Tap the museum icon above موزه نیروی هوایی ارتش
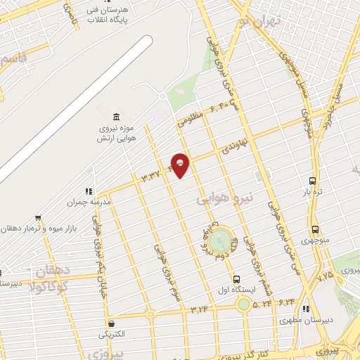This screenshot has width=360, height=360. coord(115,115)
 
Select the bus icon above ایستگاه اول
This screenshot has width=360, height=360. coord(237,279)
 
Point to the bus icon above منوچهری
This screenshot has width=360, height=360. coord(314,229)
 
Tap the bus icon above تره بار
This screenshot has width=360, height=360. coord(312,181)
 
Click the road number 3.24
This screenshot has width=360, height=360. coord(200,308)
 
